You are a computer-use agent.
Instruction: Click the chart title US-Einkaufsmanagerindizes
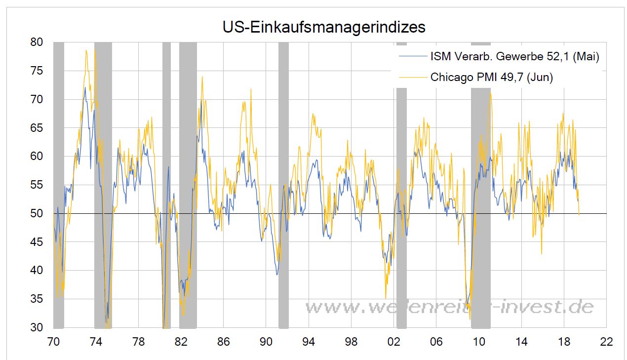pyautogui.click(x=323, y=27)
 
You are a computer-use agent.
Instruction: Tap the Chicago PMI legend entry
pyautogui.click(x=491, y=77)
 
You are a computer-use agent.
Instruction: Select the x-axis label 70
pyautogui.click(x=53, y=342)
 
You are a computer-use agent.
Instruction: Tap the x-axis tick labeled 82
pyautogui.click(x=181, y=342)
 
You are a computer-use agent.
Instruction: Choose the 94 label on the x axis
pyautogui.click(x=309, y=342)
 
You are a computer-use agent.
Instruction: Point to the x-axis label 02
pyautogui.click(x=394, y=342)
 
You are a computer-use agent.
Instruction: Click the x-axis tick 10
pyautogui.click(x=479, y=342)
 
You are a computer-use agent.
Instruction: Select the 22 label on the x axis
pyautogui.click(x=606, y=342)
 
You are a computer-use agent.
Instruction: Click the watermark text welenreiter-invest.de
pyautogui.click(x=449, y=307)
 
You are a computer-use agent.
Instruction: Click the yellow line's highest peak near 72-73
pyautogui.click(x=86, y=50)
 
